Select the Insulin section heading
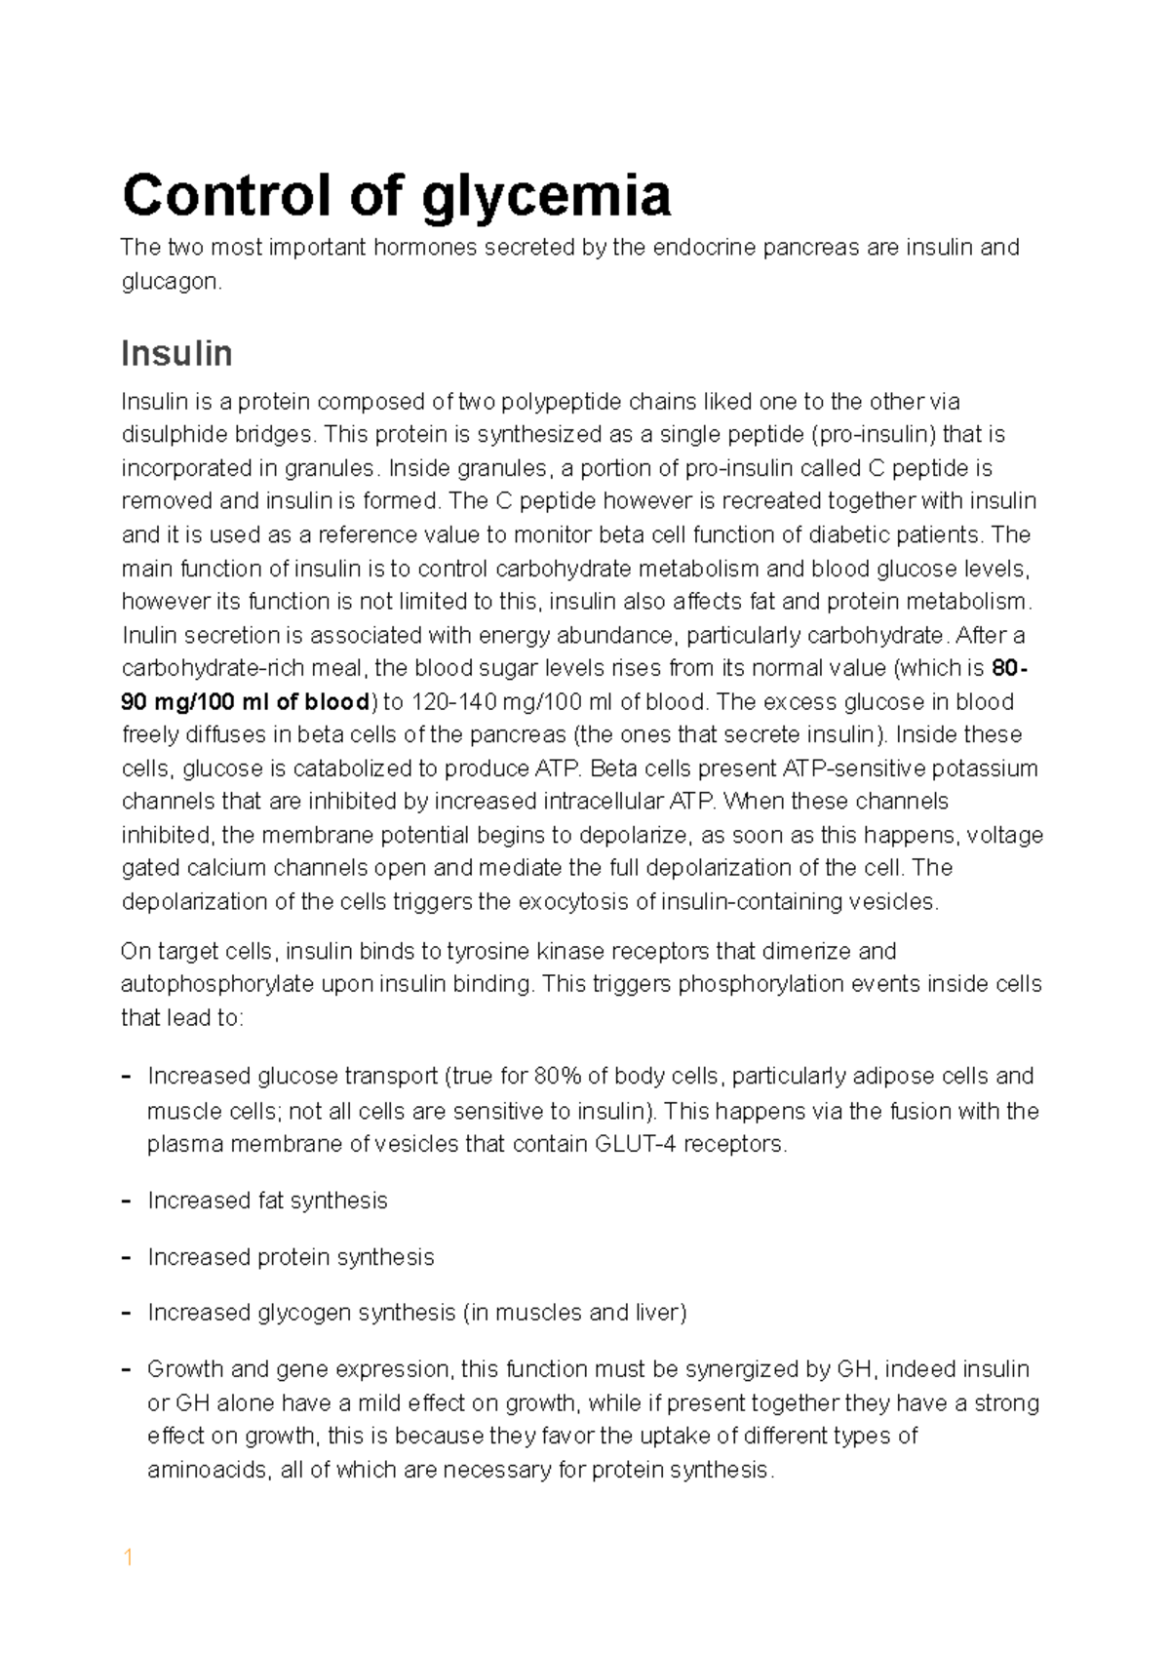click(x=176, y=353)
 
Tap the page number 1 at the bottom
click(x=127, y=1558)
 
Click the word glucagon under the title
click(x=171, y=283)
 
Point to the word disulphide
click(x=171, y=435)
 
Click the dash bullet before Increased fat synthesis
click(x=126, y=1201)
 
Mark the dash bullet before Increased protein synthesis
click(x=126, y=1257)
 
